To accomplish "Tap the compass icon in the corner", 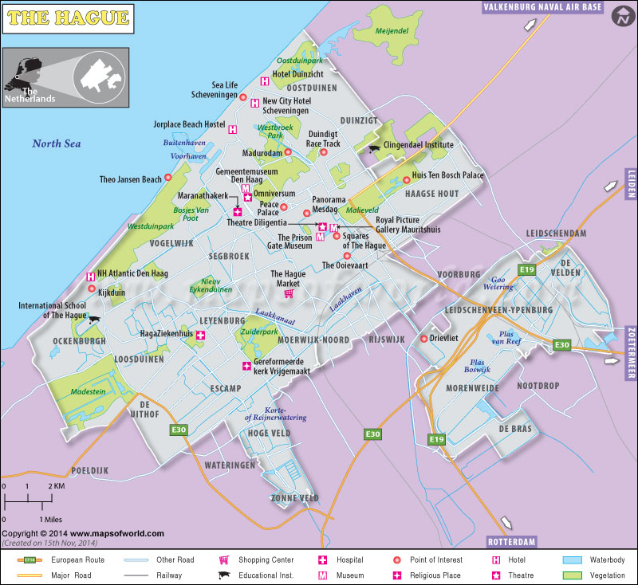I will click(x=619, y=18).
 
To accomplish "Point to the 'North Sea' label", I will click(x=57, y=143).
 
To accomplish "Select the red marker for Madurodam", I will click(x=289, y=153).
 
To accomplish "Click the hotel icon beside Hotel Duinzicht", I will click(x=264, y=80).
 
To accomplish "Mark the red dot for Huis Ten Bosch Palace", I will click(x=406, y=179).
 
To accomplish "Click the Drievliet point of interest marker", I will click(x=423, y=338).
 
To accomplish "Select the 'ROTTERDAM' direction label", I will click(x=510, y=541).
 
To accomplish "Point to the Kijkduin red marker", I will click(x=92, y=289).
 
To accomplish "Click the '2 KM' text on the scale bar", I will click(x=55, y=486).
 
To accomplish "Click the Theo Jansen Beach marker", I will click(x=168, y=179).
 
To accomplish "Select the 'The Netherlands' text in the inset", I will click(x=30, y=95).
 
